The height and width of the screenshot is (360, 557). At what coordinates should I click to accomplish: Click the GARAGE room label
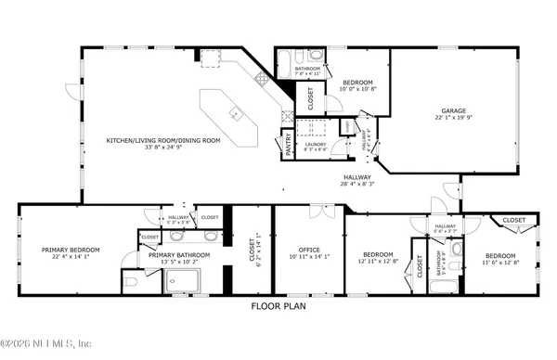coord(452,110)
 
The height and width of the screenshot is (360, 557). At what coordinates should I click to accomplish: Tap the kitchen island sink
coord(236,115)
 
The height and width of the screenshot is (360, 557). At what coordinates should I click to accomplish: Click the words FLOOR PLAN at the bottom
coord(278,305)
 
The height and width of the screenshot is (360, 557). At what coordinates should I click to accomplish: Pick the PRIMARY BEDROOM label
coord(71,249)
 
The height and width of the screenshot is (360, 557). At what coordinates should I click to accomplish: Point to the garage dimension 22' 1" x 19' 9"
coord(452,118)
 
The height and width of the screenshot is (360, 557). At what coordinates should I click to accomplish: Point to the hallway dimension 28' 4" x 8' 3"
coord(357,185)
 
